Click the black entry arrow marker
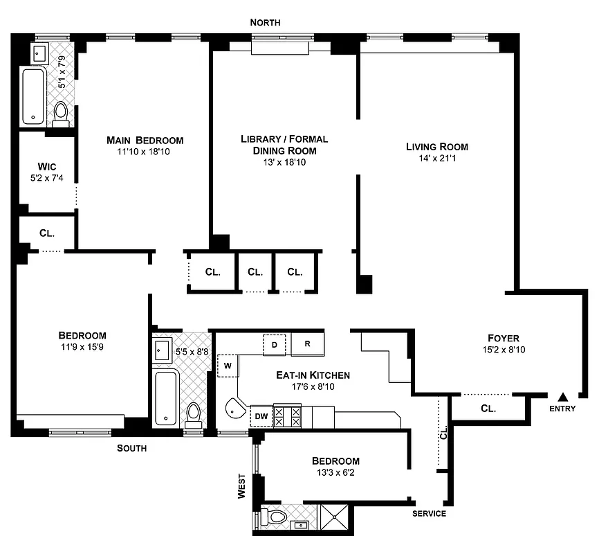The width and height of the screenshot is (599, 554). pyautogui.click(x=563, y=397)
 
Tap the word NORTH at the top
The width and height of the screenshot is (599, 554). pyautogui.click(x=266, y=23)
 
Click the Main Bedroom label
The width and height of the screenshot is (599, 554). pyautogui.click(x=145, y=141)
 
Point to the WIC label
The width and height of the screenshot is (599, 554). pyautogui.click(x=46, y=167)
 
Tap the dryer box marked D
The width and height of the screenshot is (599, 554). pyautogui.click(x=274, y=344)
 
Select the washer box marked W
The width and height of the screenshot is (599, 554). pyautogui.click(x=228, y=365)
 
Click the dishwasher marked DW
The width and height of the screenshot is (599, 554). pyautogui.click(x=261, y=415)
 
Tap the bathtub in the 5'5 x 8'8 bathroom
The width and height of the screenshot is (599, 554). pyautogui.click(x=166, y=398)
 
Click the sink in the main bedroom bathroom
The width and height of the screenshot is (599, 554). pyautogui.click(x=37, y=52)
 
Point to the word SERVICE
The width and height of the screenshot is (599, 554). pyautogui.click(x=429, y=514)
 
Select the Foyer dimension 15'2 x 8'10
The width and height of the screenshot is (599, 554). pyautogui.click(x=501, y=351)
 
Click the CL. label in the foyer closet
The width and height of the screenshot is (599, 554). pyautogui.click(x=488, y=409)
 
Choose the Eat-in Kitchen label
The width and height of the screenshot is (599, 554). pyautogui.click(x=313, y=375)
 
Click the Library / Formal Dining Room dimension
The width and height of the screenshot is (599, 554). pyautogui.click(x=284, y=162)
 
